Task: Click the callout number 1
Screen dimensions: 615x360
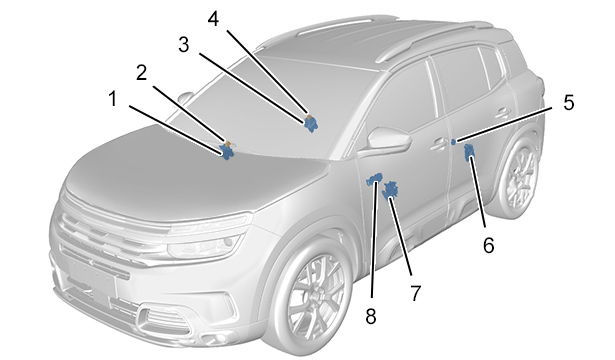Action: pos(113,98)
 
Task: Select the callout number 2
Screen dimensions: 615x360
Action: pos(142,73)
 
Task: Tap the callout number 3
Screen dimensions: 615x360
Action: pos(184,45)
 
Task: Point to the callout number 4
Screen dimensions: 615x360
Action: pos(213,19)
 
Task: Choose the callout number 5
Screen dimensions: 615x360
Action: pos(569,103)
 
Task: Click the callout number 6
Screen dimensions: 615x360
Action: pos(488,246)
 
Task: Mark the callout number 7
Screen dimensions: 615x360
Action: pos(415,293)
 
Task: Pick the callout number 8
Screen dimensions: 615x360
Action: pos(371,316)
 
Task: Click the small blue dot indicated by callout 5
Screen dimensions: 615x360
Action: pos(453,142)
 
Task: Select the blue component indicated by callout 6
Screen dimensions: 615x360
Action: pos(469,152)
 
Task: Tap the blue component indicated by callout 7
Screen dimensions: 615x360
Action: pos(391,190)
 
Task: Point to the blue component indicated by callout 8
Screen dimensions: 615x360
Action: pos(374,179)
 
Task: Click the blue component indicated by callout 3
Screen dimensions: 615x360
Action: pos(311,125)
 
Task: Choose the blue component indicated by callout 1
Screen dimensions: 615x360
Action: pos(226,151)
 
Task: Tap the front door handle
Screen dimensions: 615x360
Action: pos(439,144)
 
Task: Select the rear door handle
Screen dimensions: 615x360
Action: pos(503,113)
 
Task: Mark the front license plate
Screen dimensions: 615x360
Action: pos(93,279)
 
